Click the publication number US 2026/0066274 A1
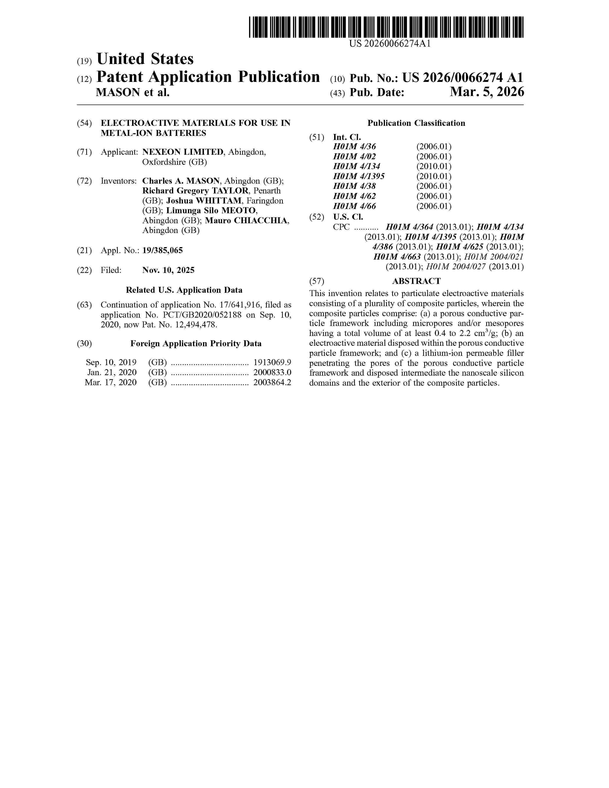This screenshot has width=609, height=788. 463,78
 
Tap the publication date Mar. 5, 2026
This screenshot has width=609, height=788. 487,92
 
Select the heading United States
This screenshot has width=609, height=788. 145,59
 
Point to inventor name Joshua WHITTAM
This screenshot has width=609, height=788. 204,201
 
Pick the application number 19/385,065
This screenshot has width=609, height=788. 162,250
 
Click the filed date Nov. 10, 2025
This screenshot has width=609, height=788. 168,270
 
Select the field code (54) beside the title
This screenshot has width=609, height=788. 84,123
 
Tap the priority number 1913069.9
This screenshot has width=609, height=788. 272,362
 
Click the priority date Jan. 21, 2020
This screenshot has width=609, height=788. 112,372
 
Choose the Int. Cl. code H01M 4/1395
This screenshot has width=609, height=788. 359,176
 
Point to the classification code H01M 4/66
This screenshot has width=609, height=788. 354,206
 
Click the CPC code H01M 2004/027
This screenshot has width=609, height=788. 456,267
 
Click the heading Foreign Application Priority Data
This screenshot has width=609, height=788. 196,343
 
